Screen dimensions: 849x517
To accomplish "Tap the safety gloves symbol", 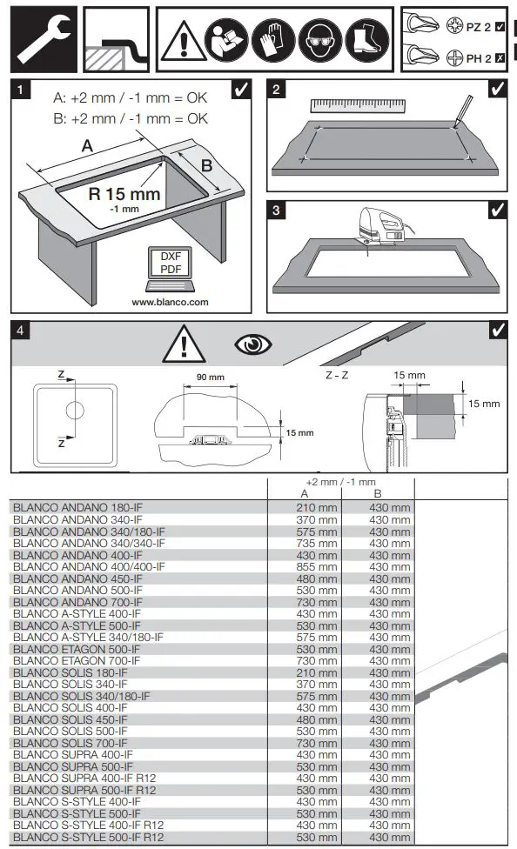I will tap(272, 40).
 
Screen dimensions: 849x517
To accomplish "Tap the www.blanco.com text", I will tap(170, 302).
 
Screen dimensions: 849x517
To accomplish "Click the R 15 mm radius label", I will tap(124, 195).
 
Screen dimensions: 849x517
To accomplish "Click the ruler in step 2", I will tap(357, 105).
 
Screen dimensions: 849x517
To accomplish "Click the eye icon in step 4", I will tap(253, 345).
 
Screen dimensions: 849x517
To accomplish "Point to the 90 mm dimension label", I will tap(210, 378).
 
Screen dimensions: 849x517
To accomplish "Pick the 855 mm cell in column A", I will tap(316, 566).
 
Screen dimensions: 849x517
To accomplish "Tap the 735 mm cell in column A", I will tap(316, 543).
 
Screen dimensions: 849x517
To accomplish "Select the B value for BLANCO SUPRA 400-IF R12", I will tap(389, 779).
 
